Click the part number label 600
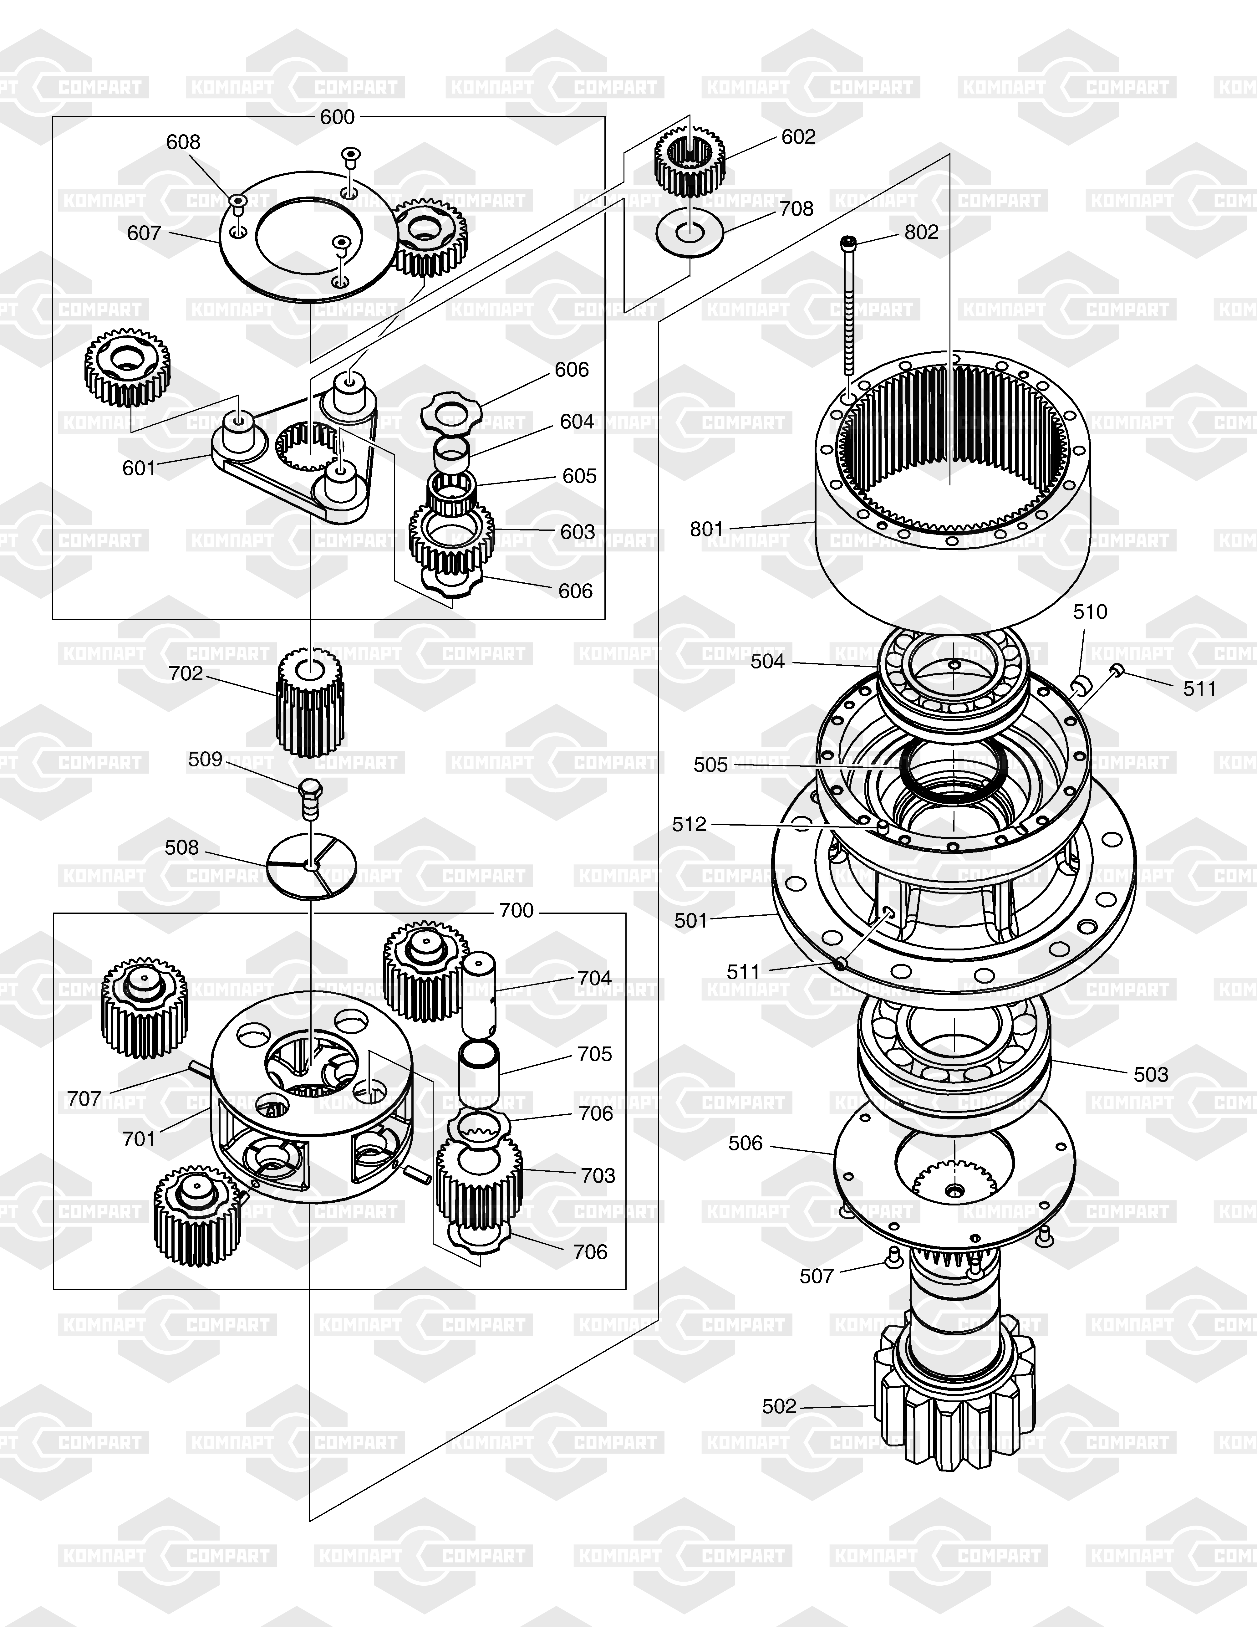coord(337,117)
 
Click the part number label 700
coord(516,910)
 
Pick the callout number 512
coord(689,824)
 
